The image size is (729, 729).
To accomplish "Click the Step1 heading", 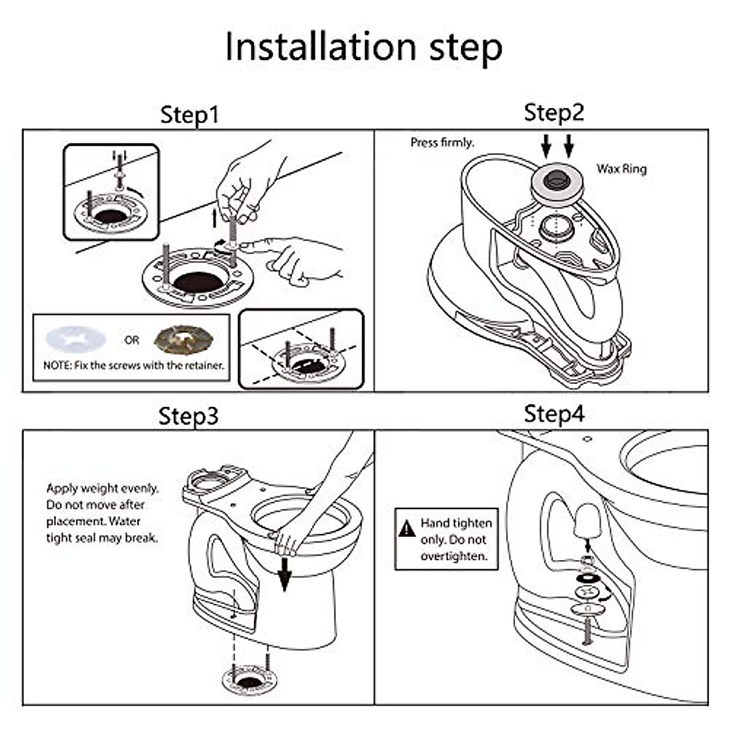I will [x=189, y=115].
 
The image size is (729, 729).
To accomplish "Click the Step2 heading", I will [x=553, y=112].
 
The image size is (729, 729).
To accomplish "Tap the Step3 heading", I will [x=188, y=416].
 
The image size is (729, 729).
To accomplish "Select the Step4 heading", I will [x=553, y=414].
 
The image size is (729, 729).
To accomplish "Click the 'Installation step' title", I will [x=363, y=46].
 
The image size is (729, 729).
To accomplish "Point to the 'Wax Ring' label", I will [x=621, y=169].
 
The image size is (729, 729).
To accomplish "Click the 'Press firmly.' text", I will [x=442, y=143].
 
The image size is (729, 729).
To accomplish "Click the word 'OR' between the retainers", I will [x=132, y=340].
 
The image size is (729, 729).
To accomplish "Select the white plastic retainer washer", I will [x=75, y=340].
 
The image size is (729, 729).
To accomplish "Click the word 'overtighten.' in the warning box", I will [x=454, y=556].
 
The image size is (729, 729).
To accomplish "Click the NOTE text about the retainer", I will [x=134, y=366].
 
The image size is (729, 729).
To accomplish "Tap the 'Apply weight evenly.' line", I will [x=102, y=488].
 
